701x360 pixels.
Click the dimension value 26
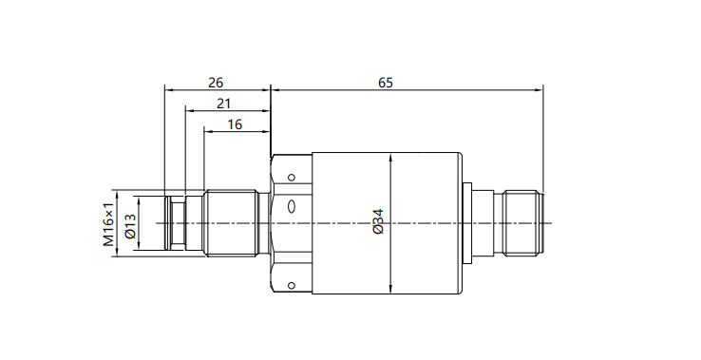(216, 83)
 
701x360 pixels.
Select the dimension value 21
(223, 104)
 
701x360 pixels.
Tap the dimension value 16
(235, 124)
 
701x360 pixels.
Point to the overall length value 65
(386, 83)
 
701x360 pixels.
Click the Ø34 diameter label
(378, 221)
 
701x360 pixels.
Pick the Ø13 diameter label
(130, 226)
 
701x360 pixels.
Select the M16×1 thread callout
(108, 225)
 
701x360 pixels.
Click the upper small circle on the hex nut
(292, 178)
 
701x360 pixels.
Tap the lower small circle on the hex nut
(292, 285)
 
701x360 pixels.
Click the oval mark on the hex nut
(292, 207)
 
